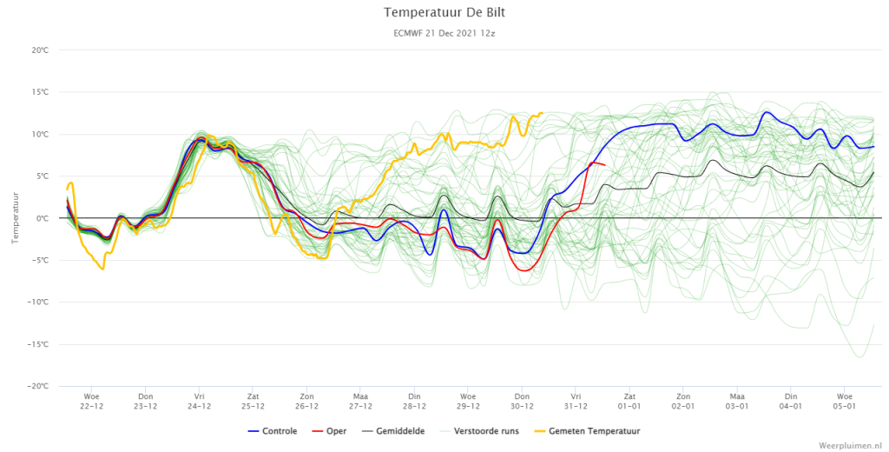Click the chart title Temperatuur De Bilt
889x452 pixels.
[444, 12]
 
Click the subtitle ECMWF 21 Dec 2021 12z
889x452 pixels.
[444, 34]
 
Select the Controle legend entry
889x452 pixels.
[272, 431]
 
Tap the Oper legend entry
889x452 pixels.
[329, 431]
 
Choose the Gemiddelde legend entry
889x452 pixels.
[393, 431]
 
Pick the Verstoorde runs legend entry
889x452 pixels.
[479, 431]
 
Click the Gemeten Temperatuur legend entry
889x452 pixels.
[588, 431]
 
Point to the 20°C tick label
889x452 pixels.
[40, 50]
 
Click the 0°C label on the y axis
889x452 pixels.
[42, 219]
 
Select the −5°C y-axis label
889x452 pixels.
[40, 261]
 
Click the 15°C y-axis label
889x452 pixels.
[40, 92]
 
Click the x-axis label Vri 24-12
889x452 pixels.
[199, 402]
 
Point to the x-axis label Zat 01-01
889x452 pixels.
[629, 402]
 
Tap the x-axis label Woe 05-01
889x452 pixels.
[844, 402]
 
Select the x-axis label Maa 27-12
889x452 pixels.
[360, 402]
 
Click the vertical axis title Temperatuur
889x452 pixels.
[16, 218]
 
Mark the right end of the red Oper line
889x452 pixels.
[605, 165]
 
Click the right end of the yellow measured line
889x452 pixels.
[543, 113]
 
